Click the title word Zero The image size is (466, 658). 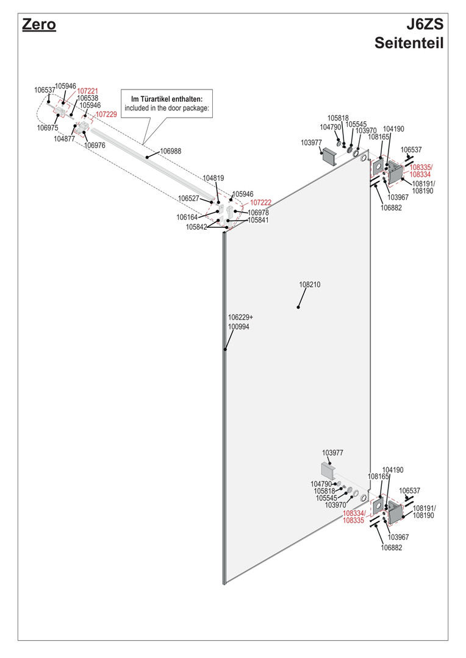point(38,25)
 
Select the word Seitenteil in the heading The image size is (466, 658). point(408,43)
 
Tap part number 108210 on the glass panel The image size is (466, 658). point(309,285)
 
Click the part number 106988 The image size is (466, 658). point(171,150)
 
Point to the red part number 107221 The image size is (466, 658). point(87,91)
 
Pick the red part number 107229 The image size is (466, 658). point(106,114)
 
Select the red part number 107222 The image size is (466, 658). point(261,202)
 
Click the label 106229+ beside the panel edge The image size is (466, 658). point(240,317)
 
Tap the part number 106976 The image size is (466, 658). point(95,145)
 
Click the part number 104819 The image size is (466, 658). point(213,178)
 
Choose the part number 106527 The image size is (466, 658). point(188,199)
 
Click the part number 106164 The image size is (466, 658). point(187,217)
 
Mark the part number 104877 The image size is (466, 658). point(64,138)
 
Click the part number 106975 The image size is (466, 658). point(48,128)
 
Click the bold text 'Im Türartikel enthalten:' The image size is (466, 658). point(167,99)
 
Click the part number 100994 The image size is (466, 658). point(238,327)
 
